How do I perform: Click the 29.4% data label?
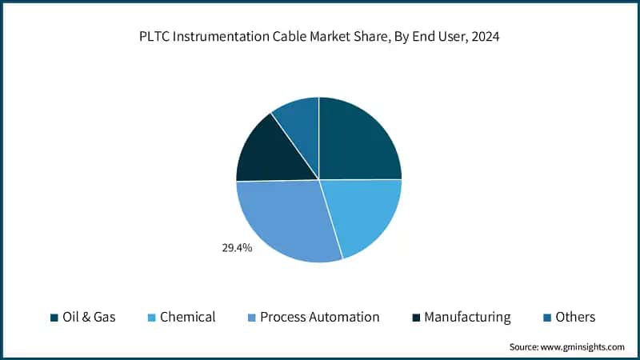click(x=237, y=248)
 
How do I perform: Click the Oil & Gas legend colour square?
click(x=54, y=318)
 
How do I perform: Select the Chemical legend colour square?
click(x=150, y=318)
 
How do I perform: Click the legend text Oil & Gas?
click(x=89, y=317)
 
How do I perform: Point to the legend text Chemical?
click(x=187, y=317)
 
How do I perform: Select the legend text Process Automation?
click(x=319, y=317)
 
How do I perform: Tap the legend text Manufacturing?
click(x=467, y=317)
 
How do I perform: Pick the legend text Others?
click(x=575, y=317)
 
